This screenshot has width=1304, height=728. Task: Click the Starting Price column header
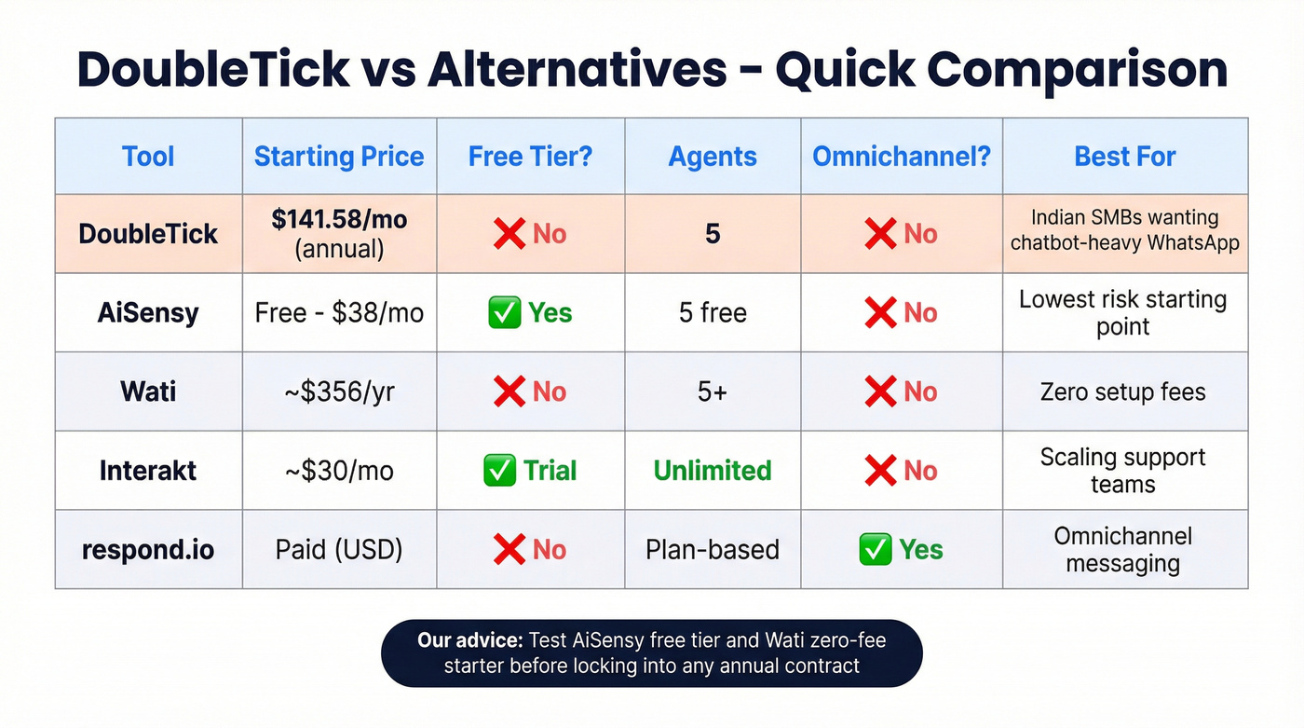(x=339, y=157)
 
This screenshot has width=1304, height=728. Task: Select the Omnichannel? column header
(x=901, y=157)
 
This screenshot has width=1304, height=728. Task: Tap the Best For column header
(x=1124, y=157)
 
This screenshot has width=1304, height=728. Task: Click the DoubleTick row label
(x=148, y=233)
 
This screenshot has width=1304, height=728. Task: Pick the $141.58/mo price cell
(x=339, y=220)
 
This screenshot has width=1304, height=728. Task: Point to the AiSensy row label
(x=148, y=312)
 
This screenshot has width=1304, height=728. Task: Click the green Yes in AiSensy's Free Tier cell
(x=550, y=313)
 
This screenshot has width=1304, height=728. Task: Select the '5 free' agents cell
(x=713, y=312)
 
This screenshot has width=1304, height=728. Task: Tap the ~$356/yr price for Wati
(x=339, y=391)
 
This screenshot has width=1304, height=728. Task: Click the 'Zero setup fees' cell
(x=1122, y=391)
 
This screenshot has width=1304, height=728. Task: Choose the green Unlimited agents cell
(x=713, y=471)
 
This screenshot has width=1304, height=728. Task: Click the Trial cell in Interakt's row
(x=550, y=471)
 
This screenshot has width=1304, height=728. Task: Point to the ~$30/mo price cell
(x=339, y=471)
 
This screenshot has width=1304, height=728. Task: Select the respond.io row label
(x=148, y=550)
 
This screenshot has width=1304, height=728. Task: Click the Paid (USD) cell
(x=339, y=550)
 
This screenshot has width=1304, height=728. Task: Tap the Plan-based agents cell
(x=713, y=550)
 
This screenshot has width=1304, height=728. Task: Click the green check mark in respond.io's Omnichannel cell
(x=875, y=550)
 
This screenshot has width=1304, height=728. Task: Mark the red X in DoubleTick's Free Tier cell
(x=509, y=233)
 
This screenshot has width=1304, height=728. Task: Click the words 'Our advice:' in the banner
(x=469, y=641)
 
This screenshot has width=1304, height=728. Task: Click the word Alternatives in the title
(x=577, y=70)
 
